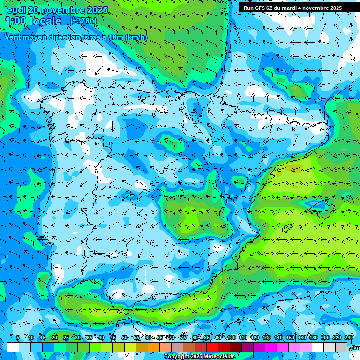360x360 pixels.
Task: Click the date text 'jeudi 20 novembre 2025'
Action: coord(56,10)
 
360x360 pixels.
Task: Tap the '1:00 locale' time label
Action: coord(33,21)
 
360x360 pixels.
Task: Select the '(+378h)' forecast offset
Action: coord(83,21)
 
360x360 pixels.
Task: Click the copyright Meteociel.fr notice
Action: coord(199,357)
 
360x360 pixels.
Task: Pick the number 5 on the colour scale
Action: coord(18,338)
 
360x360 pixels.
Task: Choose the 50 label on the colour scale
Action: coord(124,338)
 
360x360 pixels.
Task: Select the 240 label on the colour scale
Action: coord(349,338)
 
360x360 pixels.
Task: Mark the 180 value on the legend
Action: coord(313,338)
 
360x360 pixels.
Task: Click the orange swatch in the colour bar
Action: coord(154,347)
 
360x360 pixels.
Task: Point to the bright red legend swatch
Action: coord(212,347)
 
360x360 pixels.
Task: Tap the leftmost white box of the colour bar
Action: coord(13,347)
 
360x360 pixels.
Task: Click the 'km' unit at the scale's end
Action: coord(356,348)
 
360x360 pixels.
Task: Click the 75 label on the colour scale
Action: coord(183,338)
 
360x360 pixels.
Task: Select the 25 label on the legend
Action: coord(66,338)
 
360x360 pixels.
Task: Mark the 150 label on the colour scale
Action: coord(290,338)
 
